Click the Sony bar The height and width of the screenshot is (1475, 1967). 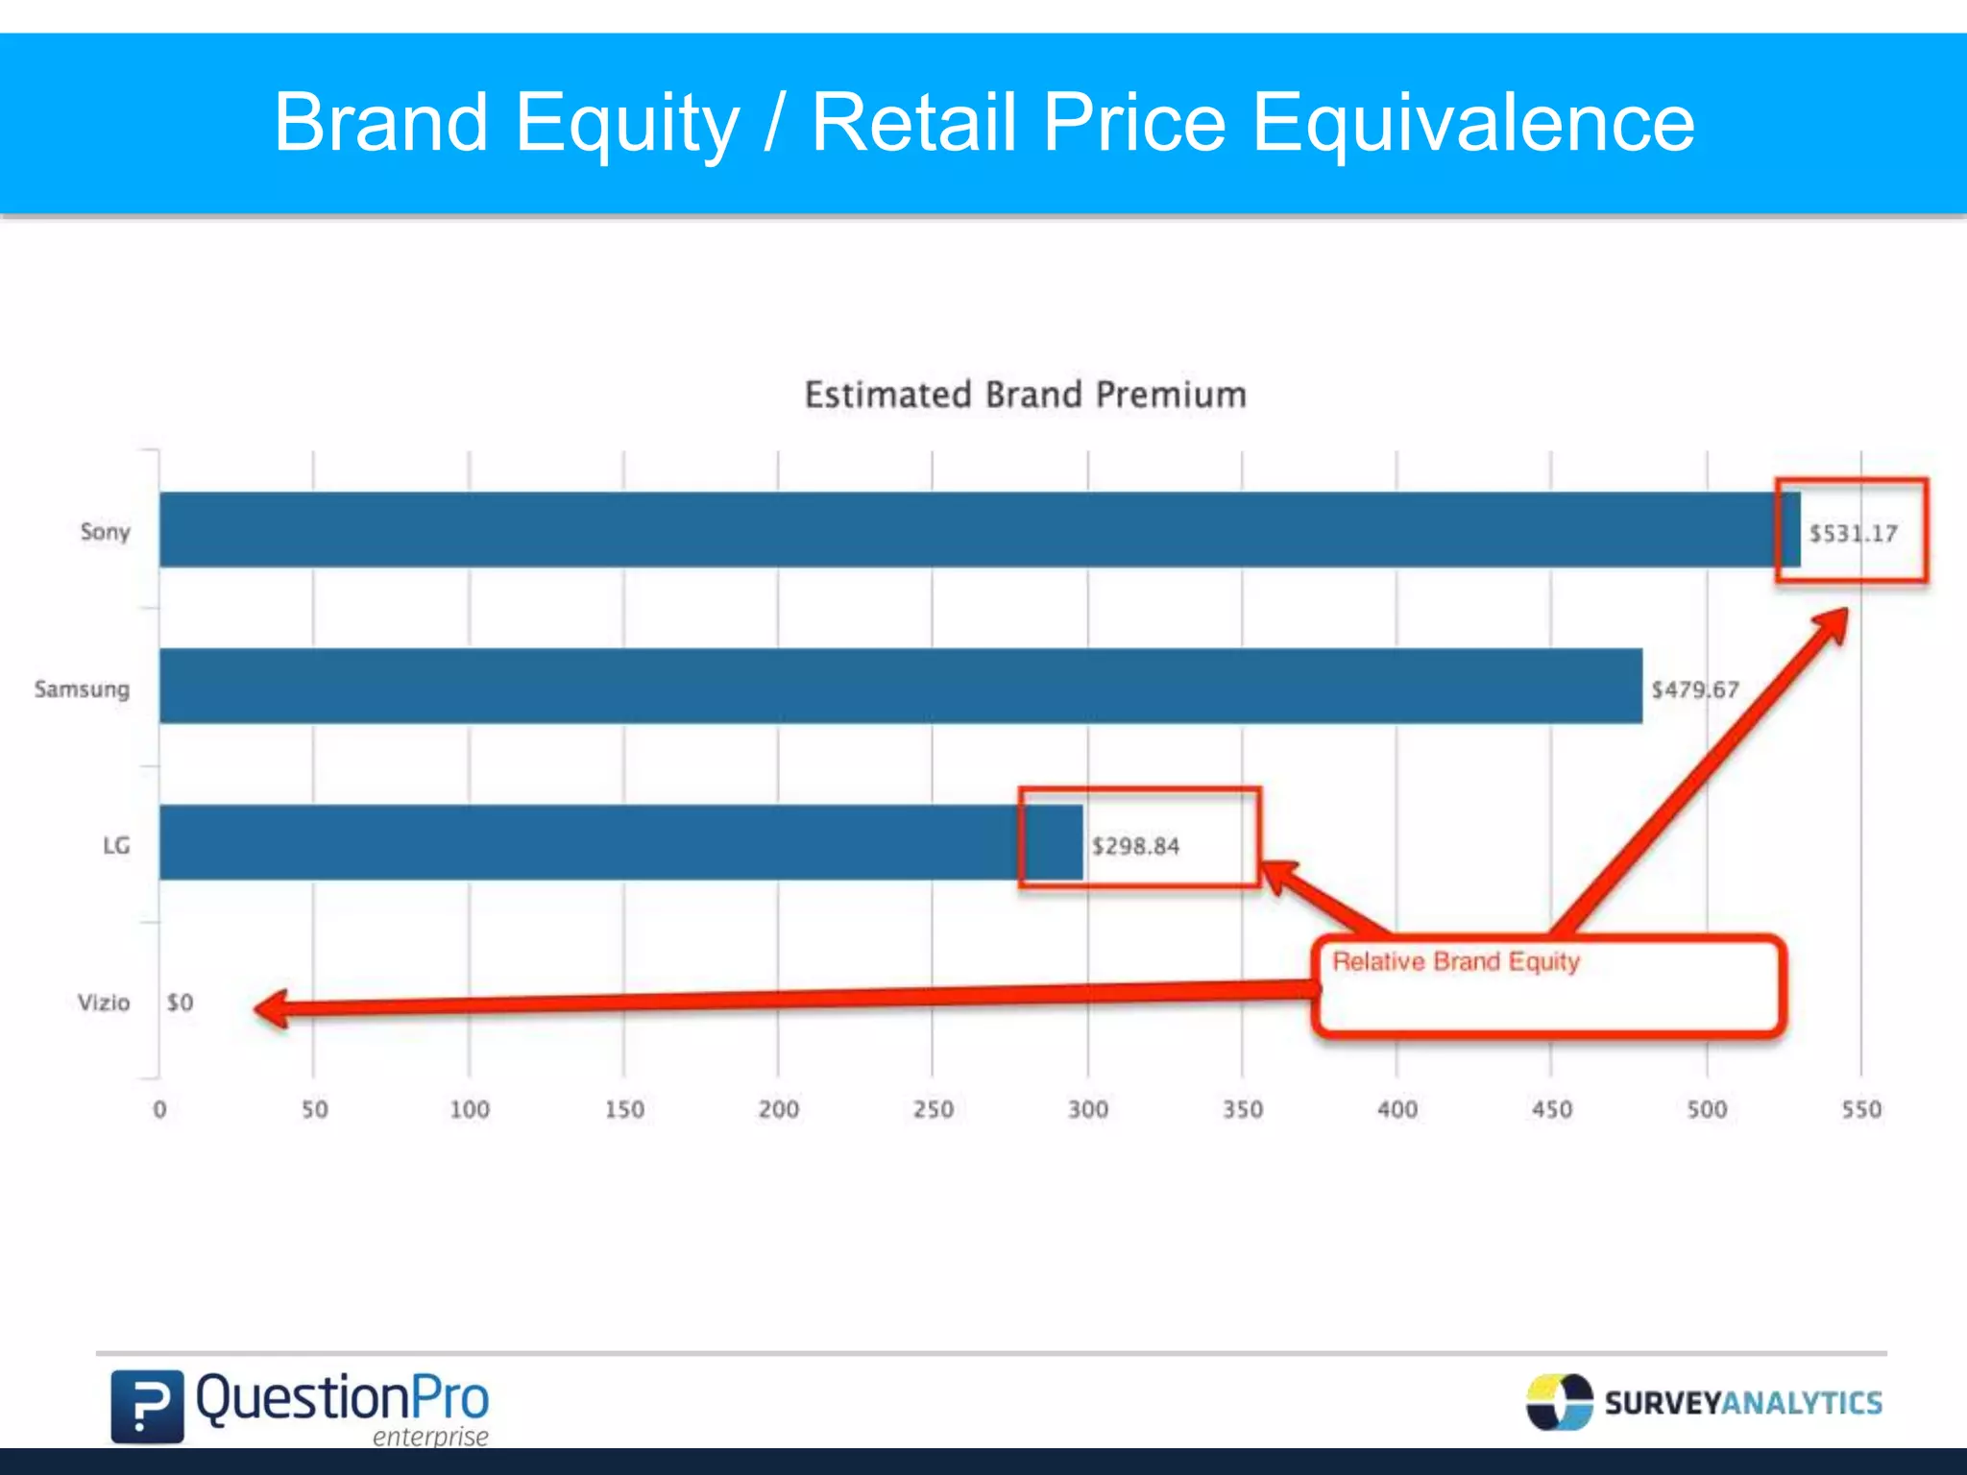pyautogui.click(x=960, y=529)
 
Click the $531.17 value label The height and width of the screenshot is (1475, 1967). pyautogui.click(x=1853, y=533)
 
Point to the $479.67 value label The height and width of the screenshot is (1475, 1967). pyautogui.click(x=1694, y=689)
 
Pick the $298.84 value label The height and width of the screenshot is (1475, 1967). pyautogui.click(x=1135, y=846)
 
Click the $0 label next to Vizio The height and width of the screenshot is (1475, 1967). pyautogui.click(x=180, y=1003)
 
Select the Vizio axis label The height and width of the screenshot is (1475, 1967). pyautogui.click(x=103, y=1003)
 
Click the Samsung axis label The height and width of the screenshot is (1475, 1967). pyautogui.click(x=82, y=689)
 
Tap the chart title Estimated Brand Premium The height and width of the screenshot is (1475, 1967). pyautogui.click(x=1025, y=395)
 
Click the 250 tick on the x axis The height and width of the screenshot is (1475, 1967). pyautogui.click(x=933, y=1109)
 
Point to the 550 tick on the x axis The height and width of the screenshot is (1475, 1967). pyautogui.click(x=1860, y=1109)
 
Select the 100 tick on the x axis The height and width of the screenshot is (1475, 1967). pyautogui.click(x=470, y=1109)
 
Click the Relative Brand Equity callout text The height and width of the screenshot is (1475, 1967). pyautogui.click(x=1455, y=961)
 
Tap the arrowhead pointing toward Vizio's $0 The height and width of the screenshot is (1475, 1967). pyautogui.click(x=272, y=1009)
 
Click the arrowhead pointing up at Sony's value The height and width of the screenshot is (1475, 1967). pyautogui.click(x=1829, y=627)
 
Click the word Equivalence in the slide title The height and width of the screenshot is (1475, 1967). pyautogui.click(x=1473, y=122)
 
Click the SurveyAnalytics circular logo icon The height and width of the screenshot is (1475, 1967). pyautogui.click(x=1559, y=1402)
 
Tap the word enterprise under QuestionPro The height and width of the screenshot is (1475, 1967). pyautogui.click(x=430, y=1437)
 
